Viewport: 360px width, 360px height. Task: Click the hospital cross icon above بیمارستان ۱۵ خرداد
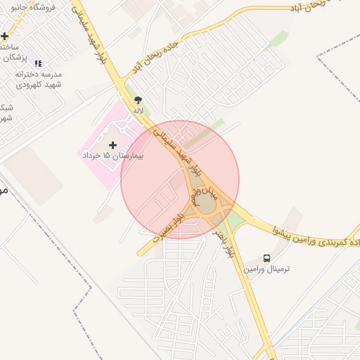point(112,145)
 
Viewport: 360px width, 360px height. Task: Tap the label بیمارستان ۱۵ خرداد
point(112,155)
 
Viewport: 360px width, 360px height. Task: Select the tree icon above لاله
point(138,101)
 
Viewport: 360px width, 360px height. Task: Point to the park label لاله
point(139,110)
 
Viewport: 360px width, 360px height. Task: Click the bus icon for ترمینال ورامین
point(266,259)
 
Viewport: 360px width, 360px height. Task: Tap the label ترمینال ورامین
point(267,269)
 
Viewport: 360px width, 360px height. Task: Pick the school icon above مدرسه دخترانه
point(38,63)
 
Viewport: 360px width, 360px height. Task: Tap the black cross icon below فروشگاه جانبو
point(4,36)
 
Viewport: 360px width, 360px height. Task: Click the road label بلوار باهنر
point(224,238)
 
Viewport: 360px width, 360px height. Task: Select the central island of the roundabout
point(205,207)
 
